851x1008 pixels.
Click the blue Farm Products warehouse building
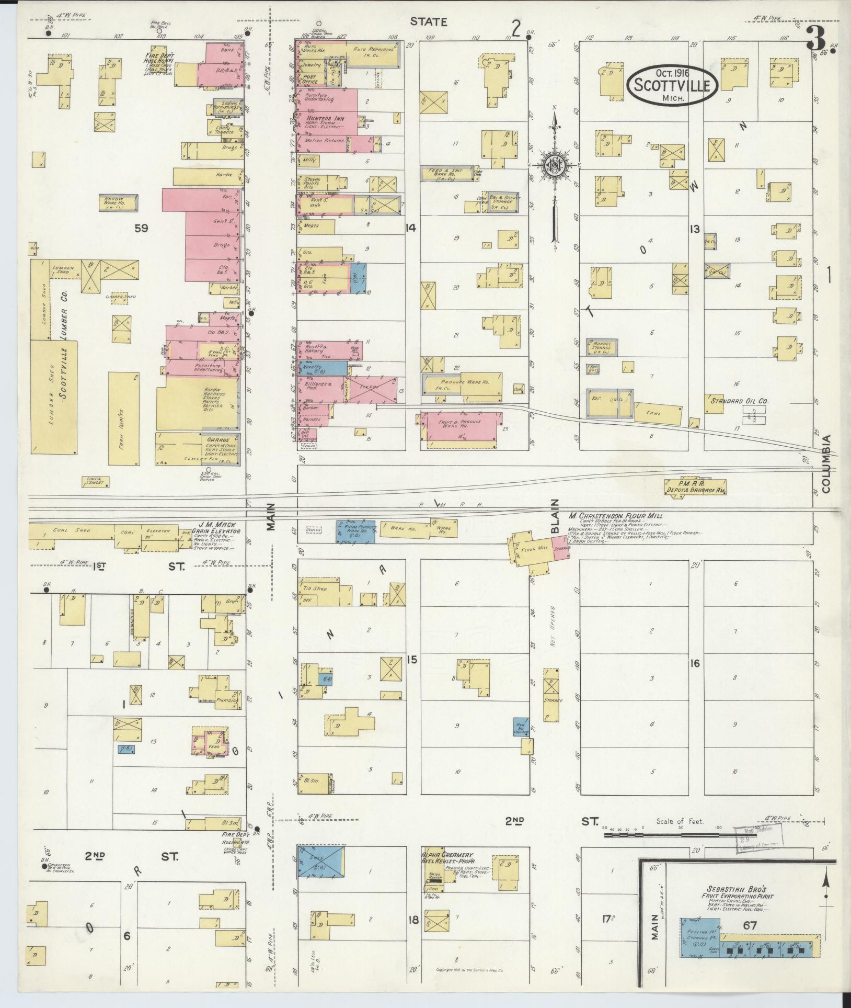pos(355,531)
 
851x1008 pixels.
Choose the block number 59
pos(141,228)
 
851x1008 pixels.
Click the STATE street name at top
pos(428,21)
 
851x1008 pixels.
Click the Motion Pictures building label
pos(325,141)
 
